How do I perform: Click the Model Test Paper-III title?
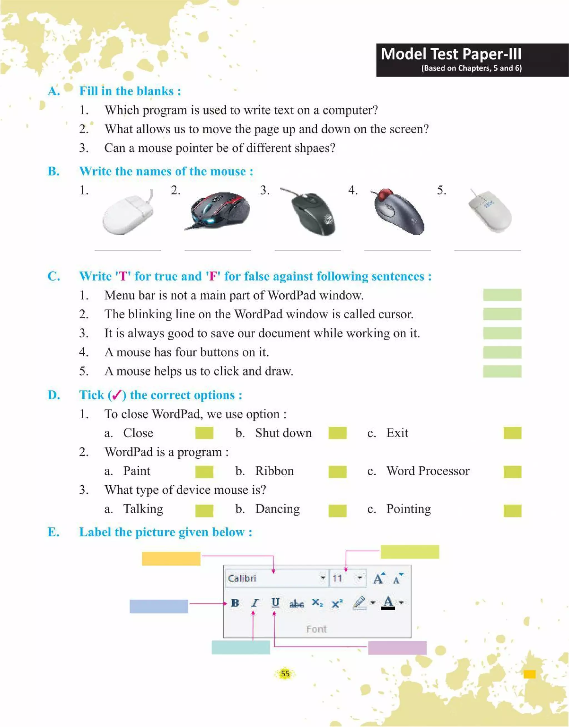tap(451, 54)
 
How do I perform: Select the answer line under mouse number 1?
tap(128, 249)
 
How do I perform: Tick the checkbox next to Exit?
tap(512, 433)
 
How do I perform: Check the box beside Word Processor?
tap(512, 472)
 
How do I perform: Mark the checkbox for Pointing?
tap(512, 511)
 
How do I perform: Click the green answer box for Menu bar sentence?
tap(502, 295)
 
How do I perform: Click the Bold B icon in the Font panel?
tap(235, 603)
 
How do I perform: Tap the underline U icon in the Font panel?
tap(275, 603)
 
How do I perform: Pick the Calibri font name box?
tap(273, 578)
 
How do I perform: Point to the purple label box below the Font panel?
tap(397, 648)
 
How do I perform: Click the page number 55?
tap(285, 673)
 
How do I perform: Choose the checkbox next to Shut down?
tap(337, 433)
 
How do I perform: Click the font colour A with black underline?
tap(388, 603)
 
